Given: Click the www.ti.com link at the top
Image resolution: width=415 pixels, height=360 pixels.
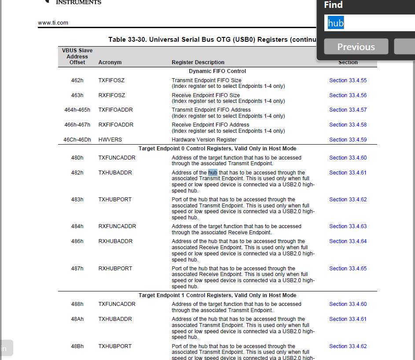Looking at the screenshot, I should tap(53, 22).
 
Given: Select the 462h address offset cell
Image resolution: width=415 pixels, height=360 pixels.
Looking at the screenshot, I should tap(77, 80).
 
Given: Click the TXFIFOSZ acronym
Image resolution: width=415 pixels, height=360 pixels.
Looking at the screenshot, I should tap(111, 80).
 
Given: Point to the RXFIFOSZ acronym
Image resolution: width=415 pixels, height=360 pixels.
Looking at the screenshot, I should tap(111, 95).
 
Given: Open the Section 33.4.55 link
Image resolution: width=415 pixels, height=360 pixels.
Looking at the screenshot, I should tap(348, 80).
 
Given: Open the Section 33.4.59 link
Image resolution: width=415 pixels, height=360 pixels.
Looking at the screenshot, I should tap(348, 140).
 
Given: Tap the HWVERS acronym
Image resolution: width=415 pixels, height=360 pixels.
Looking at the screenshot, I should tap(110, 140).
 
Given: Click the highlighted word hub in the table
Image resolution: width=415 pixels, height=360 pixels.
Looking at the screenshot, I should tap(213, 173).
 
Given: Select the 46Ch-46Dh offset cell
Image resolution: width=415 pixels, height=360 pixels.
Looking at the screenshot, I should tap(77, 140).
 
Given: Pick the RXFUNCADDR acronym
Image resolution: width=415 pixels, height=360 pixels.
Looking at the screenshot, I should tap(117, 226).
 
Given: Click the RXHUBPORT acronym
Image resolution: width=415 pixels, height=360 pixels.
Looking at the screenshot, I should tap(115, 269).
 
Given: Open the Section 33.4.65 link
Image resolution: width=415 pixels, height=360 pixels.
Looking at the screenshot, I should tap(348, 269).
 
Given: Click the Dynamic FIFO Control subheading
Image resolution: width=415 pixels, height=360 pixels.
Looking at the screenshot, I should tap(217, 71).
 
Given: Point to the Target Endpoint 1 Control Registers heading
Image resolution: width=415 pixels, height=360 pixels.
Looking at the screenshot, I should tap(217, 295).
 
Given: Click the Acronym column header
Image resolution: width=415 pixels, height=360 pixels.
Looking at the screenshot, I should tap(110, 62).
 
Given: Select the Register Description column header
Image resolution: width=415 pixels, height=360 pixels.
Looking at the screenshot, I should tap(198, 62).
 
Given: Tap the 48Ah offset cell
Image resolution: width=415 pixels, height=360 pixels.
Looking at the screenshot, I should tap(77, 319).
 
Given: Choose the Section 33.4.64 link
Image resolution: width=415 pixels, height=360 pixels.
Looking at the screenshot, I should tap(348, 241).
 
